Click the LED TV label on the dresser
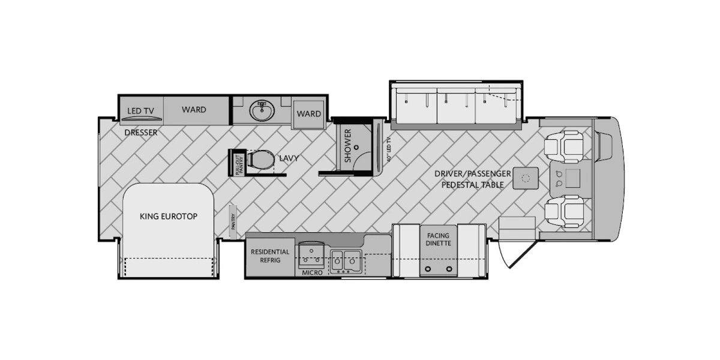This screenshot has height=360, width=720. coord(142,110)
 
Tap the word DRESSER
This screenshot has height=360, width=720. coord(141,133)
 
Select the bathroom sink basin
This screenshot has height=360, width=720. coord(262,111)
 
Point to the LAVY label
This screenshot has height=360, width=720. coord(289,159)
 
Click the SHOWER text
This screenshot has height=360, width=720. coord(347,146)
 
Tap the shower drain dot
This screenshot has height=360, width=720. coord(356,146)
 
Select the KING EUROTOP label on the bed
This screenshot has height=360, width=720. coord(168,216)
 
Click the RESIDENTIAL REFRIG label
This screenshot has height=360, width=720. coord(270,256)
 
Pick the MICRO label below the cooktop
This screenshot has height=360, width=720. coord(312,272)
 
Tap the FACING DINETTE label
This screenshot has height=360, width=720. coord(438,239)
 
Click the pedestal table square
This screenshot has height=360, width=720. coord(526,178)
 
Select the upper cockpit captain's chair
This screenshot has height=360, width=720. coord(564,146)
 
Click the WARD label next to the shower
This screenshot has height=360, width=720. coord(309,114)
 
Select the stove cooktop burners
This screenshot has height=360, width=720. coord(312,255)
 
